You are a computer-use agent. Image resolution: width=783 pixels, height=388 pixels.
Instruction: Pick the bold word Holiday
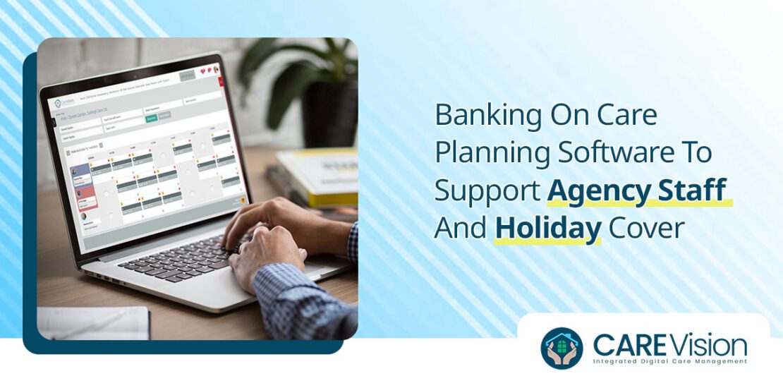(547, 229)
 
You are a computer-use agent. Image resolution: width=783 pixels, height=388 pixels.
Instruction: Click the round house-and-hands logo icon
(562, 348)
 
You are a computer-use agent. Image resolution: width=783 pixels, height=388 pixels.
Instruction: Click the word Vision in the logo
(706, 345)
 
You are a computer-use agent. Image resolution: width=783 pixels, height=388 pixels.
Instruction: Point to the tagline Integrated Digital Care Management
(669, 362)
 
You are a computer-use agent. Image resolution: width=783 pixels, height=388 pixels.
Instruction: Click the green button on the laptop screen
(151, 120)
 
